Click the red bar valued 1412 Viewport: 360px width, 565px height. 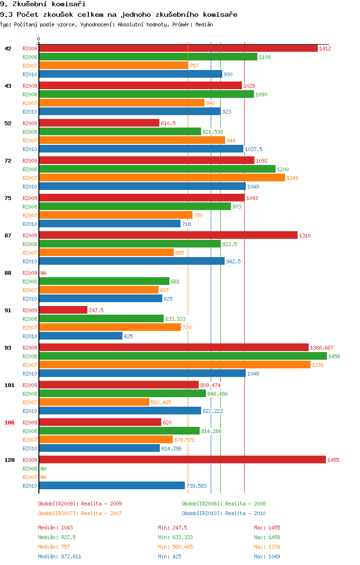click(178, 48)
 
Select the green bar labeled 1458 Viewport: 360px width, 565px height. click(183, 356)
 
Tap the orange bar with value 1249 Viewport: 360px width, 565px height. click(162, 178)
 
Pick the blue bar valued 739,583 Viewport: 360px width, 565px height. click(112, 486)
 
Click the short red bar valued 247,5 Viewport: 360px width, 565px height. click(63, 310)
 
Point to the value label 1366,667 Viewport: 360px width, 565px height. click(322, 348)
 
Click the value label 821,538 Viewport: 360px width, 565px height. click(213, 132)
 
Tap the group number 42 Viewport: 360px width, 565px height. click(8, 48)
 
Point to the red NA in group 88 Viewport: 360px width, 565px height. click(43, 273)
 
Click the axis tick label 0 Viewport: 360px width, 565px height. click(39, 39)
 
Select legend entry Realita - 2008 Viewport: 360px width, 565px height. click(224, 504)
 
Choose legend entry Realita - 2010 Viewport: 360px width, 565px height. click(224, 513)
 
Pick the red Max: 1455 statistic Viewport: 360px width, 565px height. click(267, 528)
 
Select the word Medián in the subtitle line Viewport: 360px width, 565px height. click(204, 24)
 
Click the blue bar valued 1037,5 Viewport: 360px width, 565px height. click(141, 149)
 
